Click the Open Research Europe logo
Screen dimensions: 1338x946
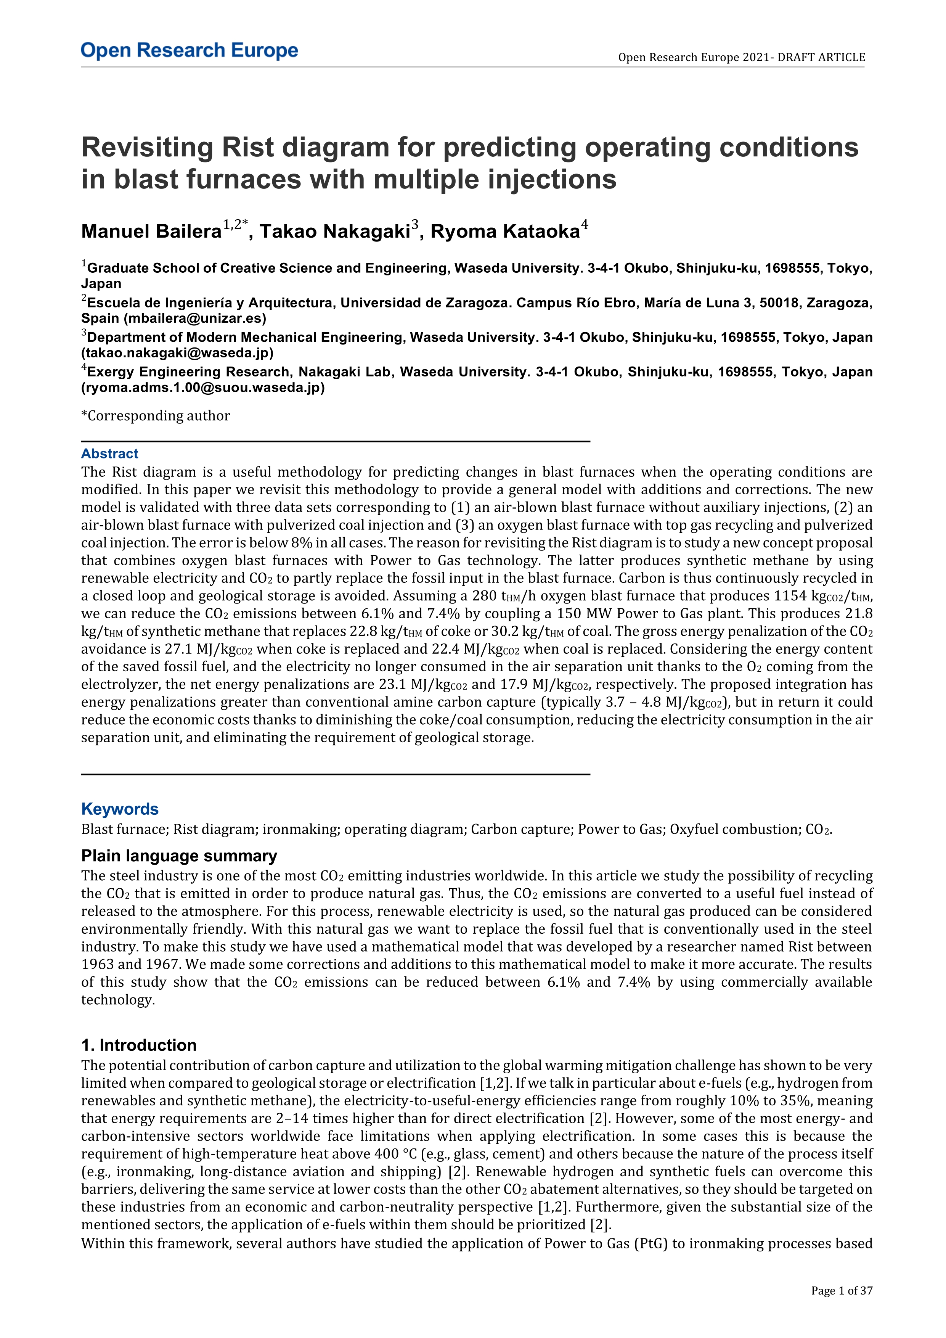(190, 51)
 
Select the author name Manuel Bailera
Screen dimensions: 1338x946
(151, 232)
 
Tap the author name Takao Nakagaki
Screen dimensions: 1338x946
(335, 232)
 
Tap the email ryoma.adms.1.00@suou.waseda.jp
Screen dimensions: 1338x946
(203, 388)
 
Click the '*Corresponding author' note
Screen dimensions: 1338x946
(156, 416)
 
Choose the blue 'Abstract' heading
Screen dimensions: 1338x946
(109, 454)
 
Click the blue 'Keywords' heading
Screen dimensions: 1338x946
(120, 809)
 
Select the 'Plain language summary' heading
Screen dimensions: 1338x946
(179, 856)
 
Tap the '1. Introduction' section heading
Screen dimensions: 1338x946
(139, 1045)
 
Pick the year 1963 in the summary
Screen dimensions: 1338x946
(97, 965)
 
